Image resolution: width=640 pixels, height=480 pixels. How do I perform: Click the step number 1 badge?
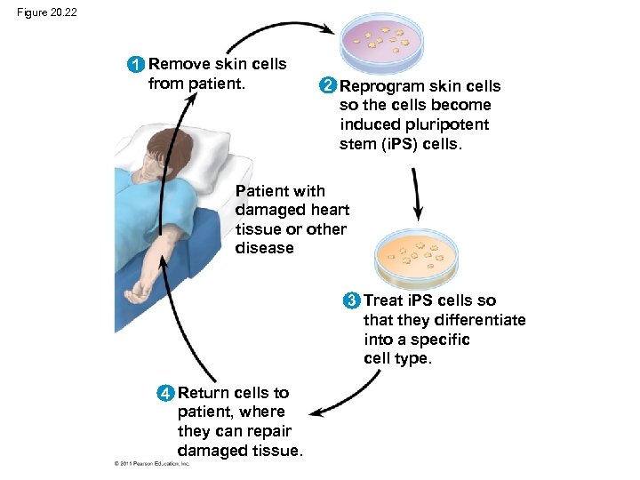135,65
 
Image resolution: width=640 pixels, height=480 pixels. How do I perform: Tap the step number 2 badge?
328,86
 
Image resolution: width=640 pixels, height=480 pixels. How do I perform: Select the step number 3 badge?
352,300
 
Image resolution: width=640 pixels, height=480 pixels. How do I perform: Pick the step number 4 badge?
165,393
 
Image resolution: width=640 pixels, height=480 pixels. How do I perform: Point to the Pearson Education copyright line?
152,463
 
